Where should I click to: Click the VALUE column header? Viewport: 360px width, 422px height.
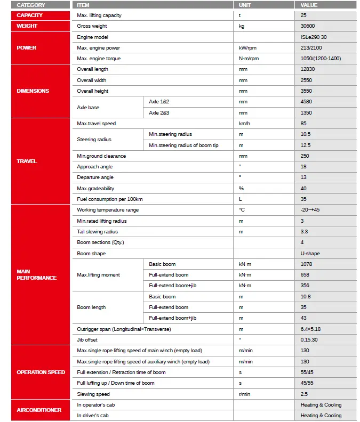(x=309, y=5)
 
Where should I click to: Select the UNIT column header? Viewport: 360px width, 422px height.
(x=246, y=5)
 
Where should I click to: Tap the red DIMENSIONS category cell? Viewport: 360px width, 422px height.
(x=33, y=91)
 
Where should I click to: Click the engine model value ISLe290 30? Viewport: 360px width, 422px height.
(x=314, y=37)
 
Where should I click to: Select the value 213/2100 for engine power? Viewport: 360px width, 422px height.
(x=311, y=48)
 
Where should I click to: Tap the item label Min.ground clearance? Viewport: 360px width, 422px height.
(x=101, y=156)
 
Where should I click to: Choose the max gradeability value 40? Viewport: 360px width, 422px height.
(x=304, y=189)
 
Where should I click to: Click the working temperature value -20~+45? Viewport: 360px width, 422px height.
(x=310, y=210)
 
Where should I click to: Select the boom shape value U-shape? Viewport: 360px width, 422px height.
(x=310, y=254)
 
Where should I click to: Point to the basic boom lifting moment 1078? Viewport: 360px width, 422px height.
(x=307, y=264)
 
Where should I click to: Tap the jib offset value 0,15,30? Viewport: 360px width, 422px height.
(x=309, y=340)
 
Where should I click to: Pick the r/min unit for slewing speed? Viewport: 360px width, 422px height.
(x=245, y=394)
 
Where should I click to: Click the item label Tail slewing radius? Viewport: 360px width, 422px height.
(x=98, y=232)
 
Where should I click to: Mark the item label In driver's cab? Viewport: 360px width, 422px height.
(x=93, y=416)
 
